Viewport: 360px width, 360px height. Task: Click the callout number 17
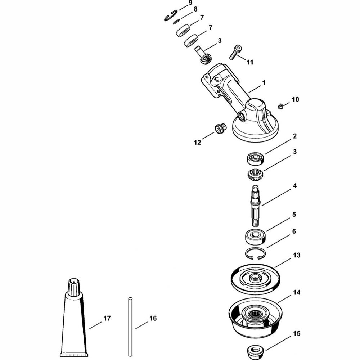[107, 318]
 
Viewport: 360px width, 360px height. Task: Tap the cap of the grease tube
[74, 286]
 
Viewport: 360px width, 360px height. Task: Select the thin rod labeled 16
[130, 327]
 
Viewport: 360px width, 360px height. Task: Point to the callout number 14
[297, 292]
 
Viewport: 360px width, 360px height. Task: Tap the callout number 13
[297, 255]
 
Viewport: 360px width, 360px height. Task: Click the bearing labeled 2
[255, 158]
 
